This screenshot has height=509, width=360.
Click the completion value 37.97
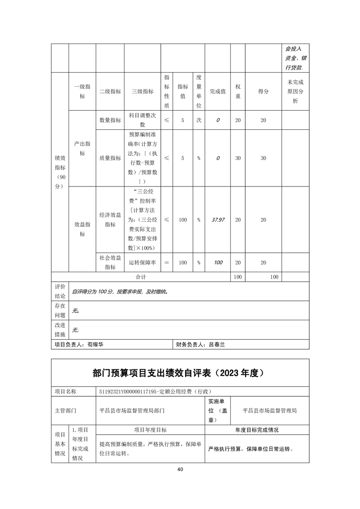click(218, 220)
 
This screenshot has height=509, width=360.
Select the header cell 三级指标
click(143, 91)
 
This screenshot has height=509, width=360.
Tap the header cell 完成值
click(218, 91)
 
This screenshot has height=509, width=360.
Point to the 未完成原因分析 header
click(296, 92)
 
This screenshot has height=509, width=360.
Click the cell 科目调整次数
click(143, 120)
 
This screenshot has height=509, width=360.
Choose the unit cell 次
click(198, 120)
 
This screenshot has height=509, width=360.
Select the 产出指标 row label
click(82, 148)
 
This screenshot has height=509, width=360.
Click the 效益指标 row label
click(82, 229)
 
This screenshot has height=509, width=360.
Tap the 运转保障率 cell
click(143, 263)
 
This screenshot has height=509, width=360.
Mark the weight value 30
click(238, 158)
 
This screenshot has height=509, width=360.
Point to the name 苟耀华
click(95, 344)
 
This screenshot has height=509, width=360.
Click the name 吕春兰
click(217, 344)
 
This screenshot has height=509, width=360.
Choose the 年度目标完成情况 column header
click(257, 430)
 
